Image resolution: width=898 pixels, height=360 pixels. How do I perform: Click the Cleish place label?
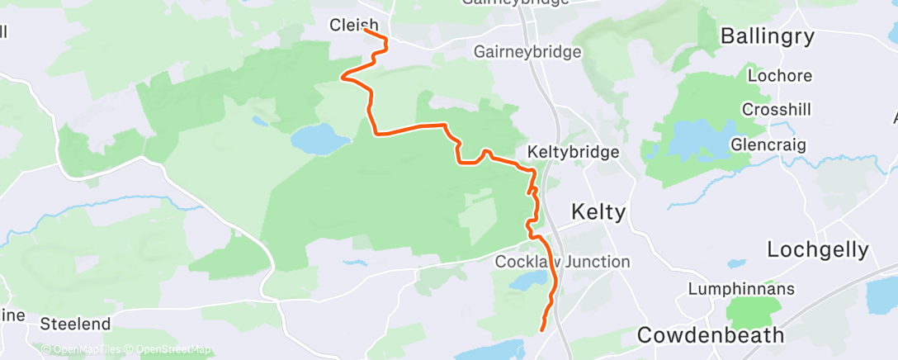(x=353, y=26)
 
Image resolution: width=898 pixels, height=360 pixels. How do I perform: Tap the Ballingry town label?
(x=767, y=36)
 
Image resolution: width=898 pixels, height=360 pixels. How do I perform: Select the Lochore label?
(x=779, y=76)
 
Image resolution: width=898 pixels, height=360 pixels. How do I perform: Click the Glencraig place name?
(x=768, y=144)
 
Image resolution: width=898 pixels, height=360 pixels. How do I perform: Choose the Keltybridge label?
(x=573, y=153)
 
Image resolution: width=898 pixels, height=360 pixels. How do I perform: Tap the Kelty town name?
(x=598, y=212)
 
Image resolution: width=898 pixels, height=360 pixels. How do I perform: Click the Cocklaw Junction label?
(x=562, y=262)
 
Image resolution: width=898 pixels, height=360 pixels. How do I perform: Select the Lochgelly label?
(x=817, y=249)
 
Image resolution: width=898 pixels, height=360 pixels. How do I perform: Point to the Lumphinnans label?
(x=741, y=289)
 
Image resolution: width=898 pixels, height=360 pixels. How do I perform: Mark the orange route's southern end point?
(x=542, y=330)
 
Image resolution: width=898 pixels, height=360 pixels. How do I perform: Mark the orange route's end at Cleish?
(x=366, y=32)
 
